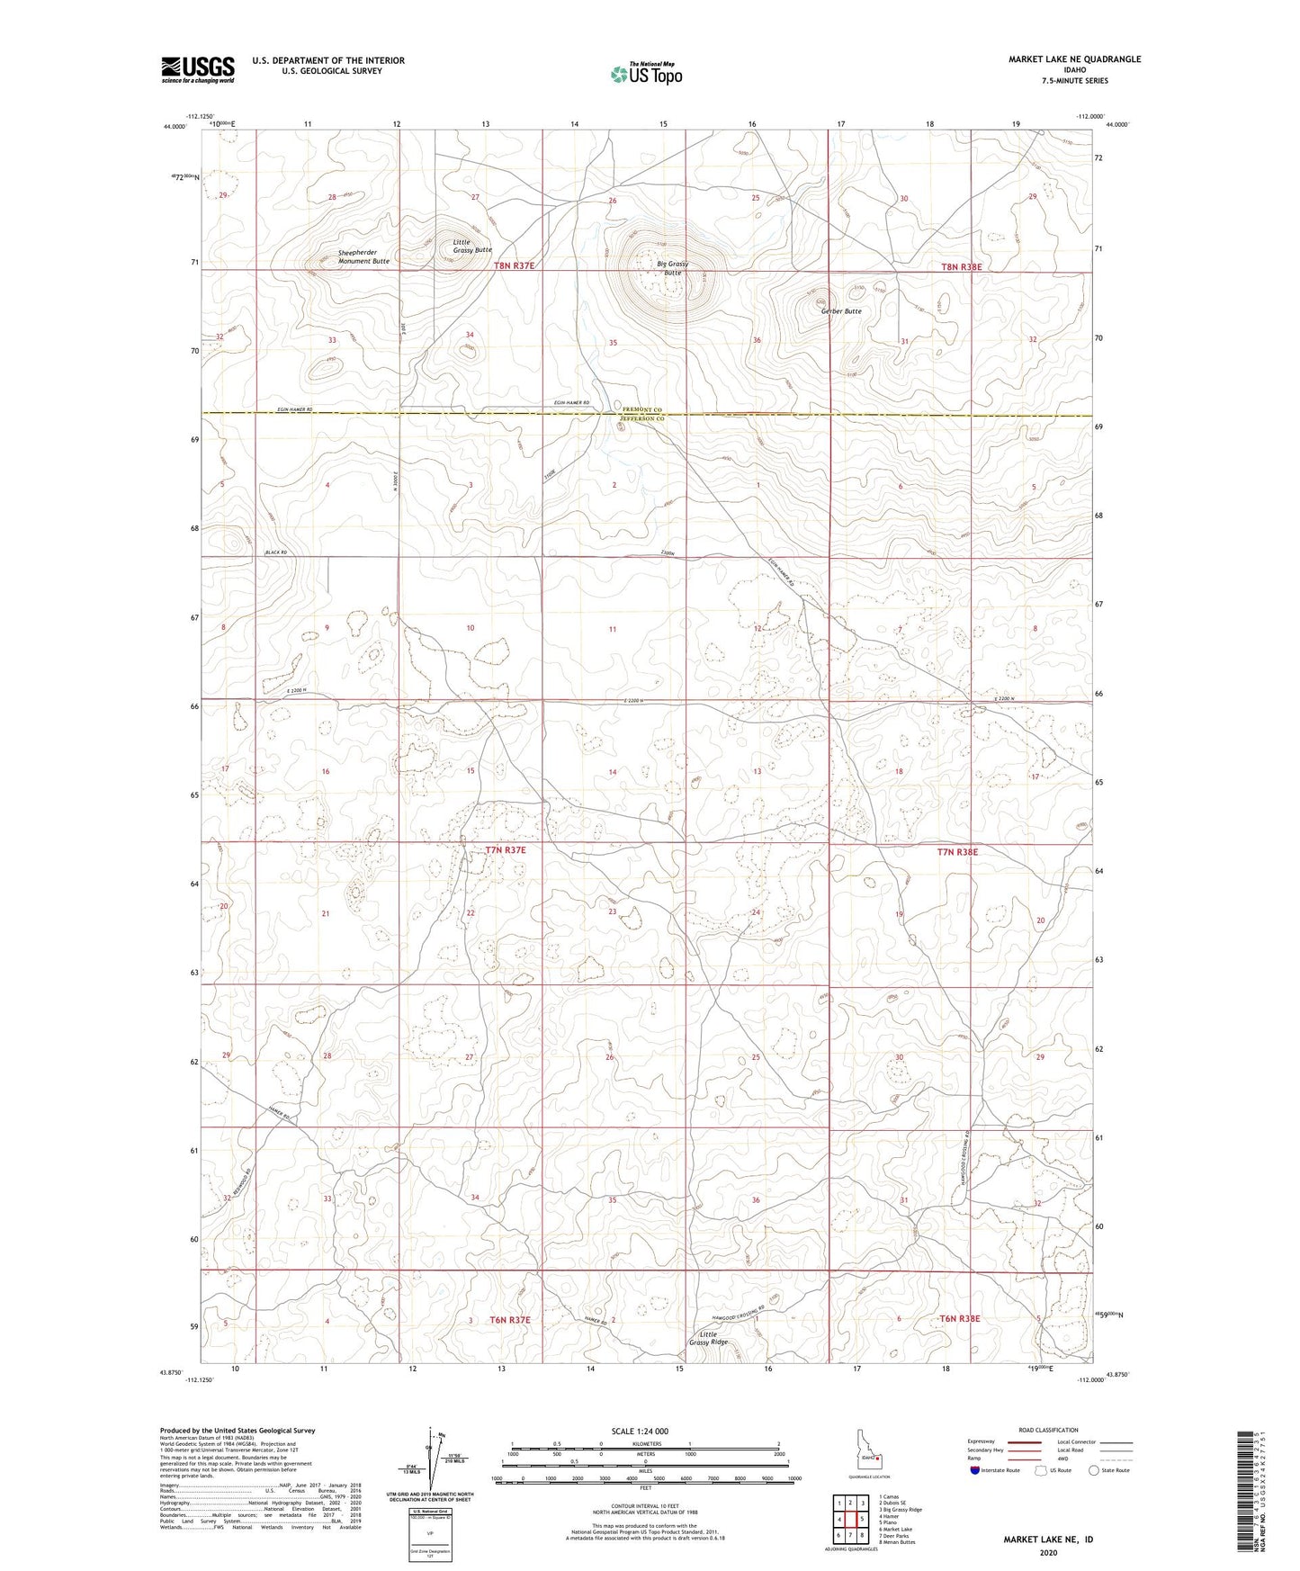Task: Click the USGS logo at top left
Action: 197,69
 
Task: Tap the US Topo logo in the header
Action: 645,75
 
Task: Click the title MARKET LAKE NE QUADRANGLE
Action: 1074,59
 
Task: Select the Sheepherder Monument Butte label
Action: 363,256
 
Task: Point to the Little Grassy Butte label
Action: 472,246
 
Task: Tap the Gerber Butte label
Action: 841,311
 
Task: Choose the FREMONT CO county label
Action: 641,408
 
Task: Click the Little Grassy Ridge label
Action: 708,1338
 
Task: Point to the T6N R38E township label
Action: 959,1318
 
